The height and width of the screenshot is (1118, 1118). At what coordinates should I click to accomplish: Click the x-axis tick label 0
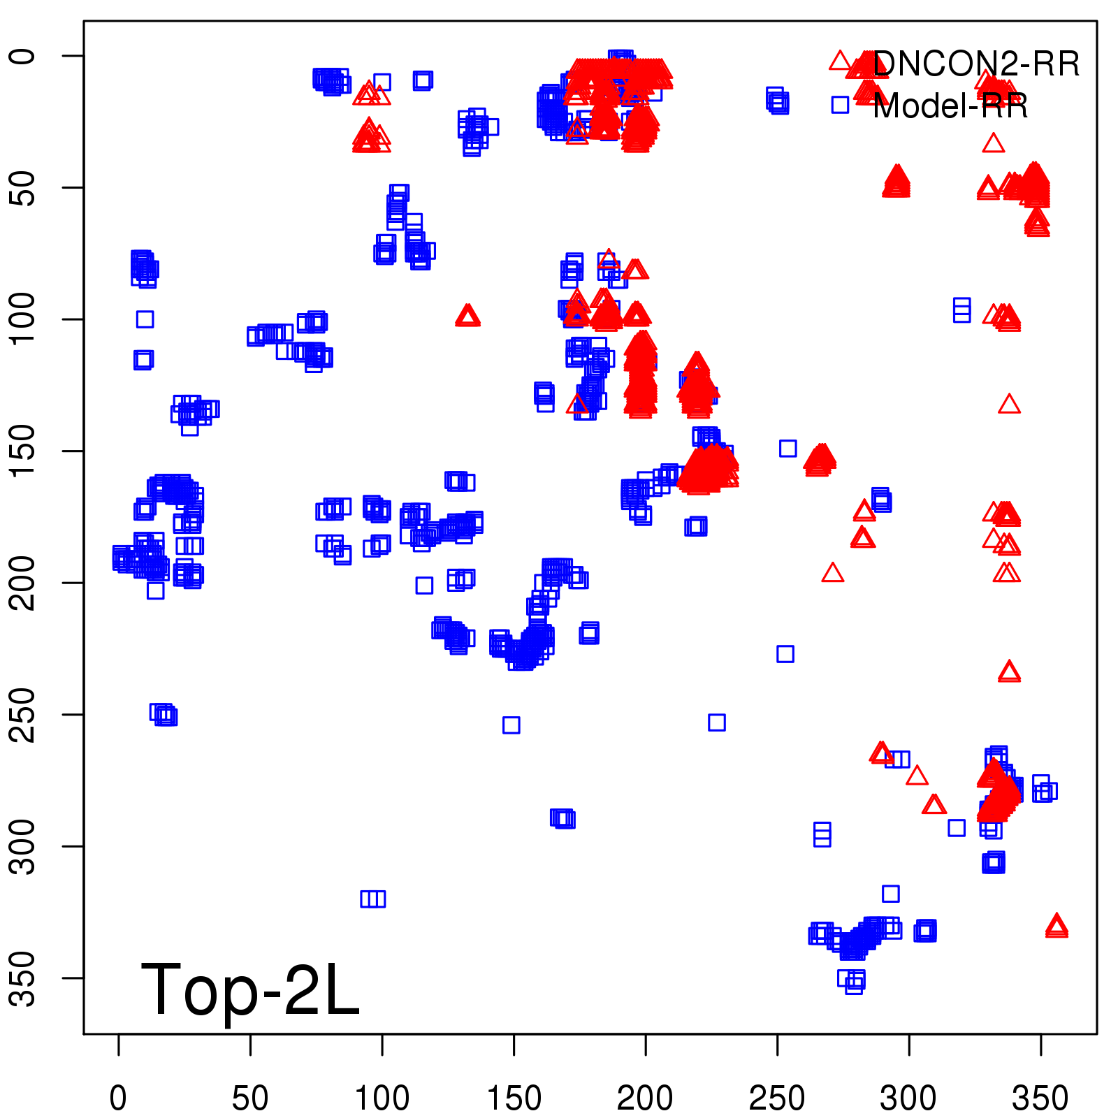point(118,1098)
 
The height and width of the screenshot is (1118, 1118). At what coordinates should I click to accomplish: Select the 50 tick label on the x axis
point(250,1098)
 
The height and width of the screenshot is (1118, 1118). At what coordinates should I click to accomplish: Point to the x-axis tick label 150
point(514,1098)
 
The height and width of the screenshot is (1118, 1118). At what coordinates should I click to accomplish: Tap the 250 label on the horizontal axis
point(777,1098)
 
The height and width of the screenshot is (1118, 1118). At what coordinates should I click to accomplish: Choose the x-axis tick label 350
point(1040,1098)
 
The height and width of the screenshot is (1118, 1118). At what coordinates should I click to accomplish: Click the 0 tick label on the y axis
point(23,56)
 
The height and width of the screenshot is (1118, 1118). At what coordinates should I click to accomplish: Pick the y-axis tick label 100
point(23,319)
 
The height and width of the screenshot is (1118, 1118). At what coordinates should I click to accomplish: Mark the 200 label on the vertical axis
point(23,583)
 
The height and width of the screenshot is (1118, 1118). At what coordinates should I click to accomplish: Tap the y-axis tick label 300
point(23,846)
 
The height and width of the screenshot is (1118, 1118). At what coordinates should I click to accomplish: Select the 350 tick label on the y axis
point(23,978)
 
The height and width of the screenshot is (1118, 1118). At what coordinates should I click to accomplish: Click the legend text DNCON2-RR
point(976,64)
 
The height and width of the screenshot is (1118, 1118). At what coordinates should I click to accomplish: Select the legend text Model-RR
point(950,106)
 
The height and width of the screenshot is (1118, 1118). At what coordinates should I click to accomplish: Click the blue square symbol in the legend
point(840,105)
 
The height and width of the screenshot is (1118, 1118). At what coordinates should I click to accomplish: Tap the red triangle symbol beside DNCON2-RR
point(840,61)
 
